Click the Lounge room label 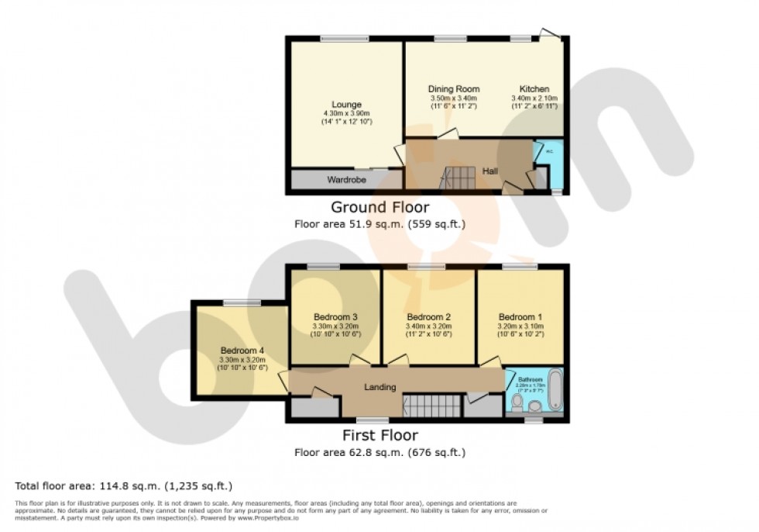(346, 105)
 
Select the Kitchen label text (534, 89)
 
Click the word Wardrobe (346, 180)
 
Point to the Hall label (490, 171)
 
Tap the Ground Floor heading (379, 207)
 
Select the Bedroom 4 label (242, 350)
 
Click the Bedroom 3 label (335, 316)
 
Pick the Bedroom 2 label (428, 316)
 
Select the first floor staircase (426, 404)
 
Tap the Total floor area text (123, 486)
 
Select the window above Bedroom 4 (242, 303)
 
